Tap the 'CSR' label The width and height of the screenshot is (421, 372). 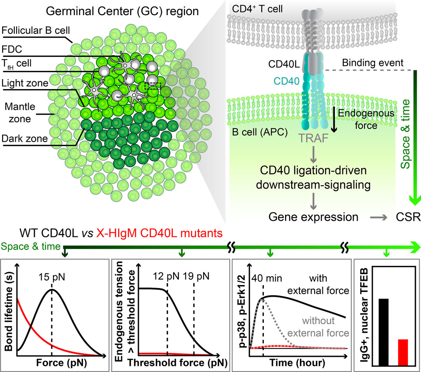point(408,216)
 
